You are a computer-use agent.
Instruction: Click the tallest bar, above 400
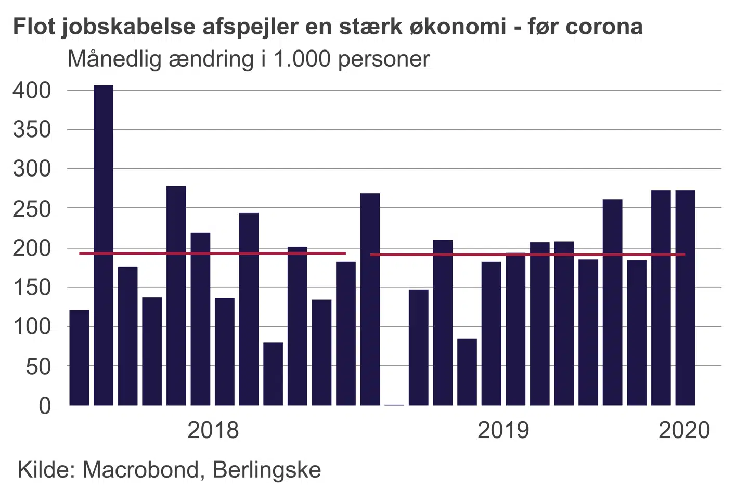(104, 245)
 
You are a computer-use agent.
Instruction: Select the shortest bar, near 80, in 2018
(273, 373)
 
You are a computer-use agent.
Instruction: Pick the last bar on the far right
(685, 297)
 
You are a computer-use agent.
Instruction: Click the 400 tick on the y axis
(32, 91)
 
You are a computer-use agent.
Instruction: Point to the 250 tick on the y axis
(32, 208)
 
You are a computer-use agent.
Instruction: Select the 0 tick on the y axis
(45, 405)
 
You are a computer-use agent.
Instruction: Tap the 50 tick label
(38, 367)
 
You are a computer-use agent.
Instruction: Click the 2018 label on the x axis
(213, 430)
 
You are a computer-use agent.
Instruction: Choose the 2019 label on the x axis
(503, 430)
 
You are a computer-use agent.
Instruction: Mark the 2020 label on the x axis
(684, 430)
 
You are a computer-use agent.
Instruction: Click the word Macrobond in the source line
(140, 470)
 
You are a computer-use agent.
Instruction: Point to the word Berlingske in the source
(267, 470)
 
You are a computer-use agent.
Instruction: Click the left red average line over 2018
(212, 254)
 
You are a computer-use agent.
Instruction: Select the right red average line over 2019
(527, 255)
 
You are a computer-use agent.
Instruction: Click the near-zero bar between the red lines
(394, 404)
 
